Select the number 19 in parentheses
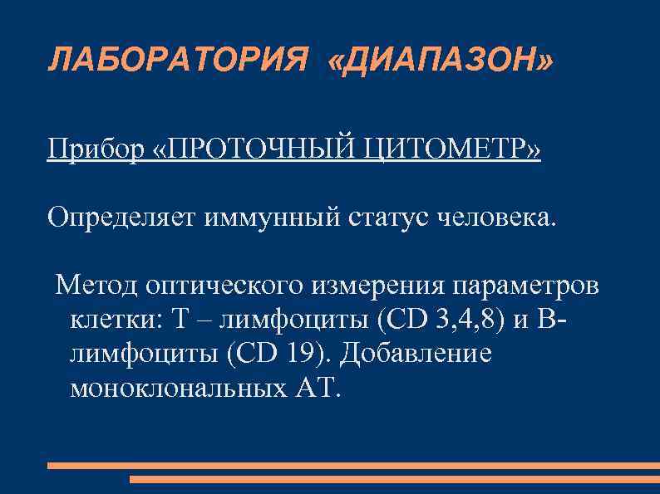click(303, 353)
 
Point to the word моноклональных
click(170, 388)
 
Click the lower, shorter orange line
click(394, 479)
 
